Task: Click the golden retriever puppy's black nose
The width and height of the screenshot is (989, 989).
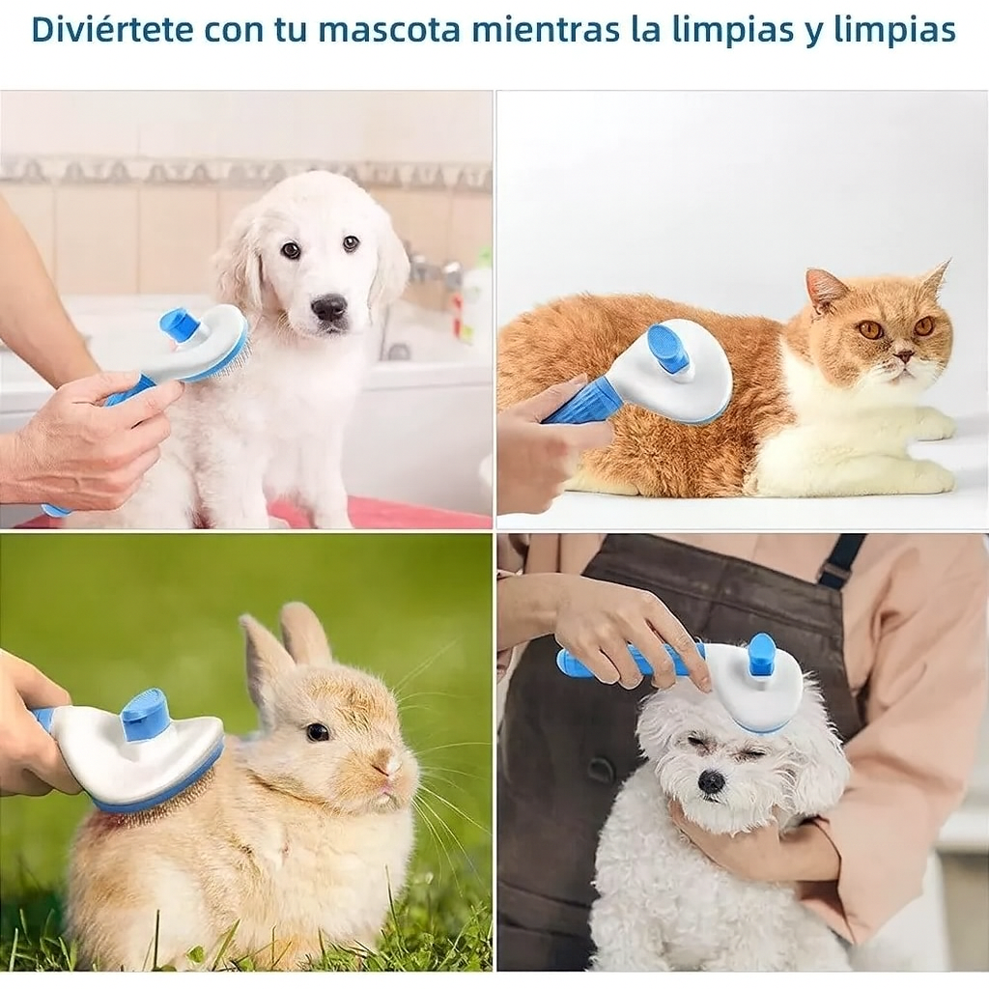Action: [x=329, y=308]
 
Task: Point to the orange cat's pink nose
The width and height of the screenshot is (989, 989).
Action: [x=904, y=357]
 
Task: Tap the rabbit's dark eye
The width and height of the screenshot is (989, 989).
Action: [x=318, y=732]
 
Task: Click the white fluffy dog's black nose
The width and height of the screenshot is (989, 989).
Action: [x=712, y=781]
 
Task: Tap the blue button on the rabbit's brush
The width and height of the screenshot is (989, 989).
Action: [x=145, y=715]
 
